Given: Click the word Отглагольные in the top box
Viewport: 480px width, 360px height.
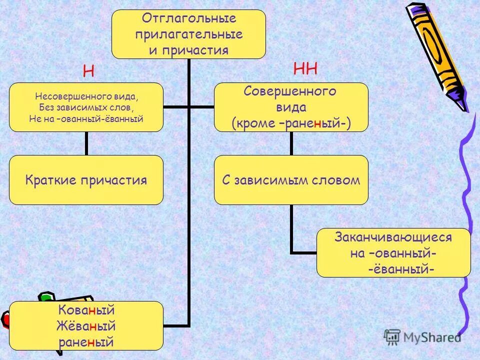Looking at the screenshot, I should tap(188, 19).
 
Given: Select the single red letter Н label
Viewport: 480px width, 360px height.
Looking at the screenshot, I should tap(88, 71).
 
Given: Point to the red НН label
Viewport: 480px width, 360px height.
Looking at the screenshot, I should tap(305, 69).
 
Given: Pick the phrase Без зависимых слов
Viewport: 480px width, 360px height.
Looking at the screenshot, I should tap(86, 107).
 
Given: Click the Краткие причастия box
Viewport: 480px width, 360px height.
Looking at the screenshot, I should tap(86, 180).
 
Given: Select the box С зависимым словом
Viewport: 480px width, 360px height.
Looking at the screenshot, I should tap(291, 180).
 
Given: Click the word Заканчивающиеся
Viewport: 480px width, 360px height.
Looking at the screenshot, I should tap(393, 237).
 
